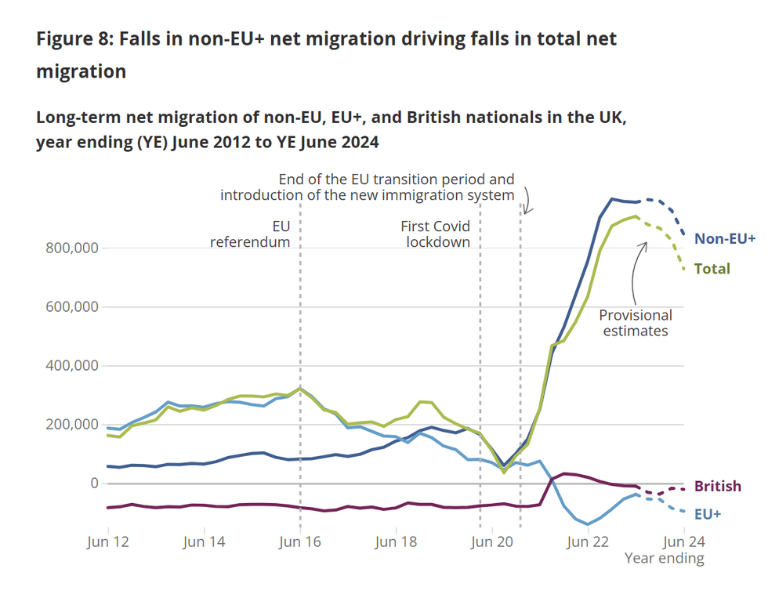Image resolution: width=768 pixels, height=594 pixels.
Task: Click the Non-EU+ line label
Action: point(725,237)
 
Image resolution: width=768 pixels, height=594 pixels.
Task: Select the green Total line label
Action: point(712,269)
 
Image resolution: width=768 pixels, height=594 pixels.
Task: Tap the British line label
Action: point(717,486)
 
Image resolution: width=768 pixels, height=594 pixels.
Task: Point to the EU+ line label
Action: point(707,514)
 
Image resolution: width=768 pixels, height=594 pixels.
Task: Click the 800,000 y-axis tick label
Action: point(68,248)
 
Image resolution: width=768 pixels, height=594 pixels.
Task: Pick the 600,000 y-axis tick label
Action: point(68,306)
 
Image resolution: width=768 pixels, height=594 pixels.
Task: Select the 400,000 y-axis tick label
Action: point(68,365)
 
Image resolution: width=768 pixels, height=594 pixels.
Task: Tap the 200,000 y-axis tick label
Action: point(68,424)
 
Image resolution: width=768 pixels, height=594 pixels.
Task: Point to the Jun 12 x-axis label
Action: point(107,541)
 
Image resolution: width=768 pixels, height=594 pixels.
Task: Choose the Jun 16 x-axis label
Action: point(300,541)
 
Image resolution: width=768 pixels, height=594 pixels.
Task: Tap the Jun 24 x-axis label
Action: point(684,541)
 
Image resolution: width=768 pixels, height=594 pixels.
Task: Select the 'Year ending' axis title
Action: point(664,559)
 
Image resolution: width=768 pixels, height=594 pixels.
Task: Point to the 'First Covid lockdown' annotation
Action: point(435,234)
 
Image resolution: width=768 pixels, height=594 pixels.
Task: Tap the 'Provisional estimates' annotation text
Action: point(636,323)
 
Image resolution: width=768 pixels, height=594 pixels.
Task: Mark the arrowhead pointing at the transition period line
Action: point(527,210)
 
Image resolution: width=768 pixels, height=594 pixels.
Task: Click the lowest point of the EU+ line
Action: point(587,524)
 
